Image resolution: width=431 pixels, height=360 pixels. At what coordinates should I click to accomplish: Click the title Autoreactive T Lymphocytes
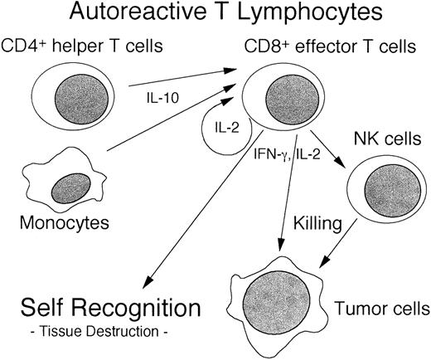tap(215, 13)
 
